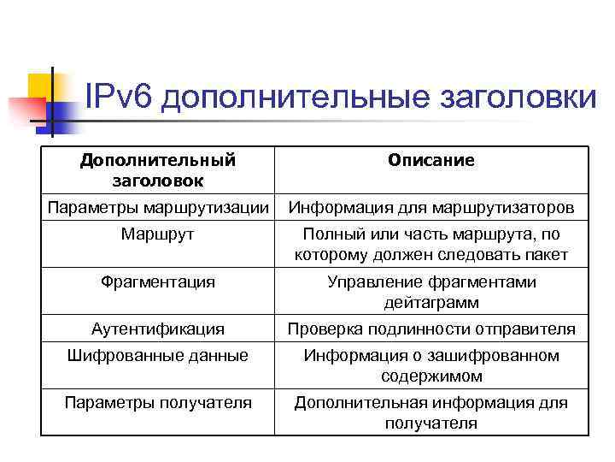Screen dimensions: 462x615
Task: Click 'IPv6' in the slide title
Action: (119, 96)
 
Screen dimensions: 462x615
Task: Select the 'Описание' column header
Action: (430, 161)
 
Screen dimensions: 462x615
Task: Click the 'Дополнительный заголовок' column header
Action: (158, 170)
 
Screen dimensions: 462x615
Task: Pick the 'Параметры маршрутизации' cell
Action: (158, 208)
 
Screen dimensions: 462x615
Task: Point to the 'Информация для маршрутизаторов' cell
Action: (430, 208)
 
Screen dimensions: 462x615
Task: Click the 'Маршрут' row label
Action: (158, 234)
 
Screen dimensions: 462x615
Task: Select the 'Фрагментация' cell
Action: (158, 281)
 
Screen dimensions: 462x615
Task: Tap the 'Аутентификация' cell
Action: (158, 329)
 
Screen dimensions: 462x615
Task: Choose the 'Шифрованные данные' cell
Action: (158, 355)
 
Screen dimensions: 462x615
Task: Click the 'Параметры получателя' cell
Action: (158, 402)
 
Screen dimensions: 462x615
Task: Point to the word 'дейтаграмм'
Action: (430, 303)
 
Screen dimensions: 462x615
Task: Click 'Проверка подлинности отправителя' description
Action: (430, 329)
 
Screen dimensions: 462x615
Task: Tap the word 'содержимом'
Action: (430, 376)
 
